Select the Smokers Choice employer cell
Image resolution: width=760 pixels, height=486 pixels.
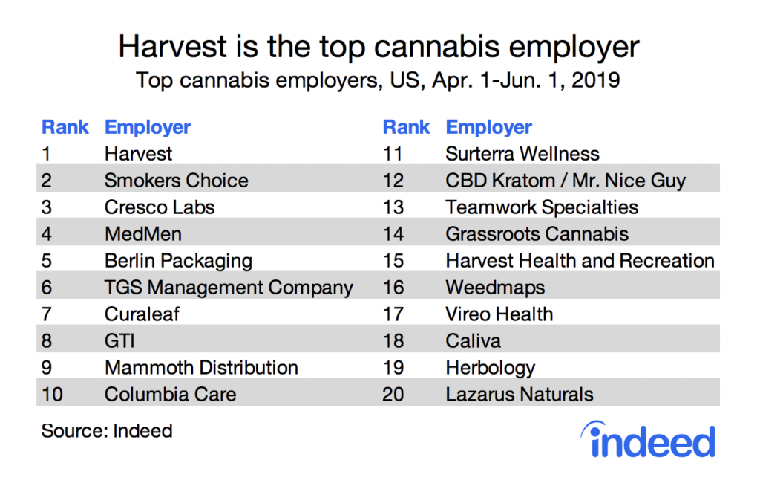pos(176,181)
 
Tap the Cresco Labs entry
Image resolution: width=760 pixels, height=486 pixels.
pos(159,207)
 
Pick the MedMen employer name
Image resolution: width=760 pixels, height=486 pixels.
pos(142,234)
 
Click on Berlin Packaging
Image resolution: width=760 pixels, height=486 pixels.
pos(178,261)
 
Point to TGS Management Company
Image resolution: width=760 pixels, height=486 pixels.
pos(229,288)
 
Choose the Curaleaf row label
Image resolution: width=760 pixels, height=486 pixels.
pos(142,314)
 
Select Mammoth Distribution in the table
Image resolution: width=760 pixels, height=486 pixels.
pos(201,367)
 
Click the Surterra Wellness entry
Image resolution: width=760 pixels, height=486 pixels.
pos(522,154)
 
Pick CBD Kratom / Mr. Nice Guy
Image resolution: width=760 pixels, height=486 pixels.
pos(566,181)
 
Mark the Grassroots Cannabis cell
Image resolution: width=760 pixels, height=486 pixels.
pos(537,234)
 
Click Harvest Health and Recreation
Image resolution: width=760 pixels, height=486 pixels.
pos(580,261)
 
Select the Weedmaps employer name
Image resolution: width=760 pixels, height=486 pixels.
pos(495,288)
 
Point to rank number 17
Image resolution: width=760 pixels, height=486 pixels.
pos(394,314)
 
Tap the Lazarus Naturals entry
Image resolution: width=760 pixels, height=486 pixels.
pos(519,394)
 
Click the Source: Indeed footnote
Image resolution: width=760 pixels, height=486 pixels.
pos(107,431)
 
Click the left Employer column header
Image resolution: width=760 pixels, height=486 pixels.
pos(148,127)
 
